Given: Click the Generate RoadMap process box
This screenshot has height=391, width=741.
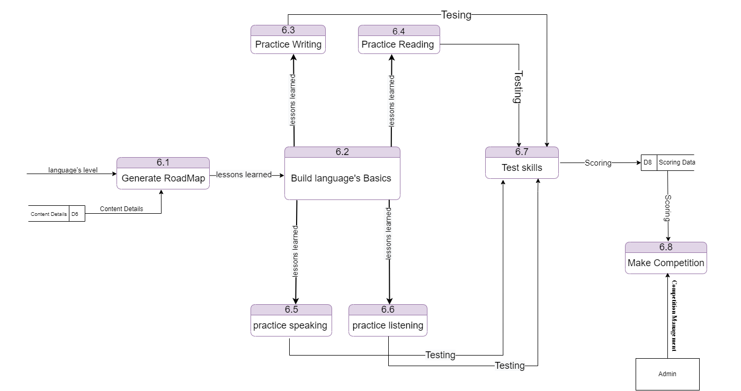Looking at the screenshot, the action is tap(163, 173).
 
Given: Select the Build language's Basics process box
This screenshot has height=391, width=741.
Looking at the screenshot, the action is tap(342, 173).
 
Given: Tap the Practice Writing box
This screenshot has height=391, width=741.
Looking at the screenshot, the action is tap(288, 39).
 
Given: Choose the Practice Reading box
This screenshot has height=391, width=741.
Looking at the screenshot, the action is tap(399, 39).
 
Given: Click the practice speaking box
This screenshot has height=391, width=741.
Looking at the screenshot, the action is tap(291, 320).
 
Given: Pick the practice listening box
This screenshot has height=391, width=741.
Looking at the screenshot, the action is tap(388, 320).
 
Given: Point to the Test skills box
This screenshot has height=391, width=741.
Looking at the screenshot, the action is tap(522, 162).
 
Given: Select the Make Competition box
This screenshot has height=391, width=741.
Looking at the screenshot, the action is tap(666, 258).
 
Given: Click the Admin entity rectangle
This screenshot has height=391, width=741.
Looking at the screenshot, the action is tap(667, 374).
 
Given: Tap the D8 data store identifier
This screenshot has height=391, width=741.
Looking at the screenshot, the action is tap(648, 162).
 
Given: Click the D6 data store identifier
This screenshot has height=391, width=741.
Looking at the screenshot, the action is tap(75, 214).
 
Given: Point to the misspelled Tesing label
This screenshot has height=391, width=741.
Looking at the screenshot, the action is tap(456, 15).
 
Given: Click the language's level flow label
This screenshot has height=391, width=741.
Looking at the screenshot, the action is tap(73, 170).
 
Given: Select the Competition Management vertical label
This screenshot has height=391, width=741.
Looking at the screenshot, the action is tap(674, 316).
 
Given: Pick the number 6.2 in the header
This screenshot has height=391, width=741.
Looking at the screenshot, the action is tap(342, 152).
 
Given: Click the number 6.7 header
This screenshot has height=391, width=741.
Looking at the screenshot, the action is tap(522, 152).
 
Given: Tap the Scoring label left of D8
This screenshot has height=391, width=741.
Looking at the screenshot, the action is tap(598, 163).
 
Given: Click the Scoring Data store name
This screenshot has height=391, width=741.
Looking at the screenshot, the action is tap(677, 162).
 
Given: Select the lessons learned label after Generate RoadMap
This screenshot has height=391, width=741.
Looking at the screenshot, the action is tap(244, 175).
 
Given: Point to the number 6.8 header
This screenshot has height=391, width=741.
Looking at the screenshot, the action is tap(666, 247).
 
